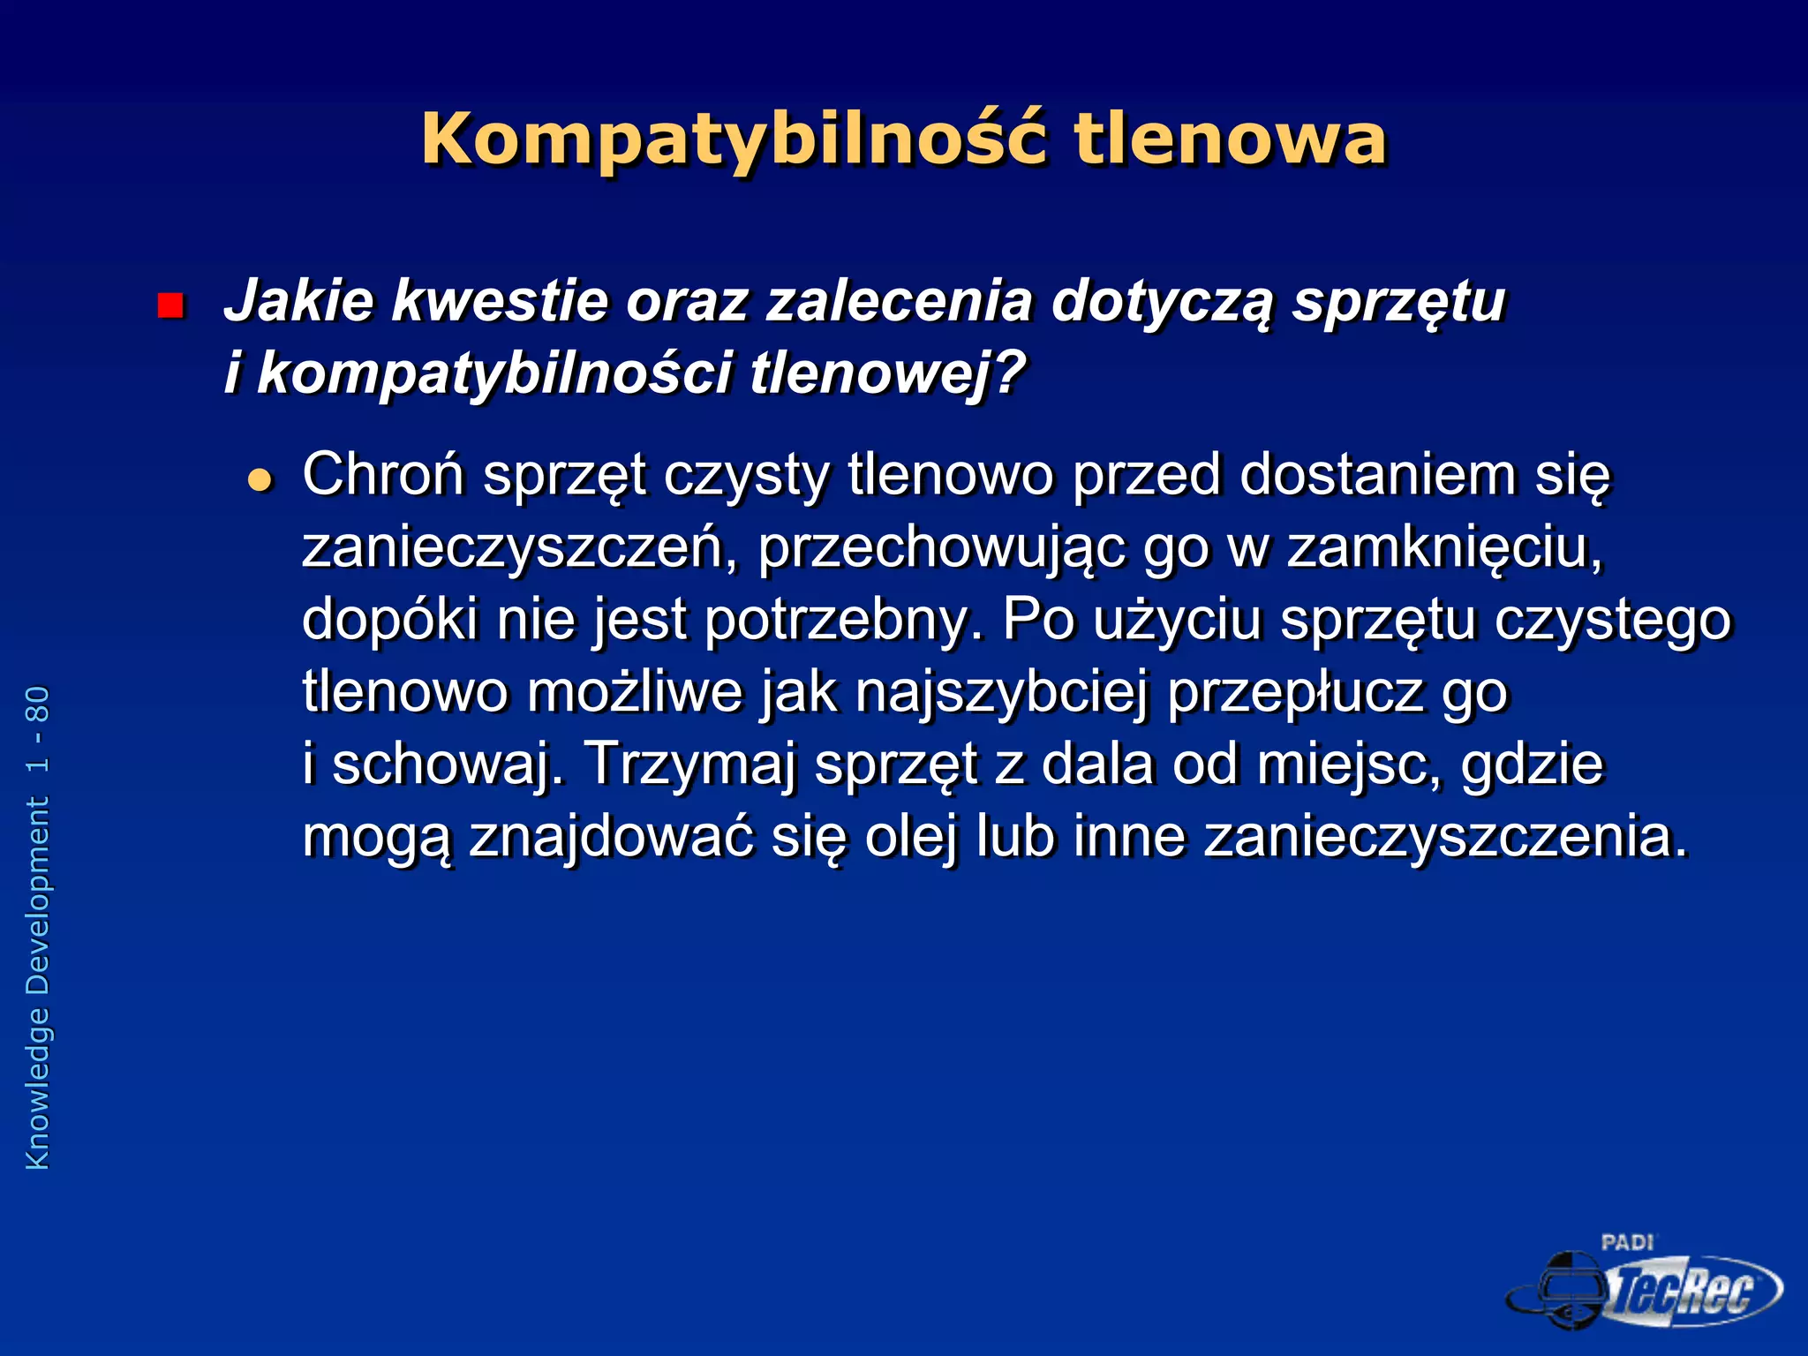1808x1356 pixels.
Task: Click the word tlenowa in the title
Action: pos(1230,139)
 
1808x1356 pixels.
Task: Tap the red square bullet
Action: pos(169,305)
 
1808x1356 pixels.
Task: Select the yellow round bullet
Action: pos(260,480)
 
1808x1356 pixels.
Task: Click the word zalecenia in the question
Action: pos(899,301)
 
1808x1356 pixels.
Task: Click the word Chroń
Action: pos(383,475)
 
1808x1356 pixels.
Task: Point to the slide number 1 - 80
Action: pos(38,730)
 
